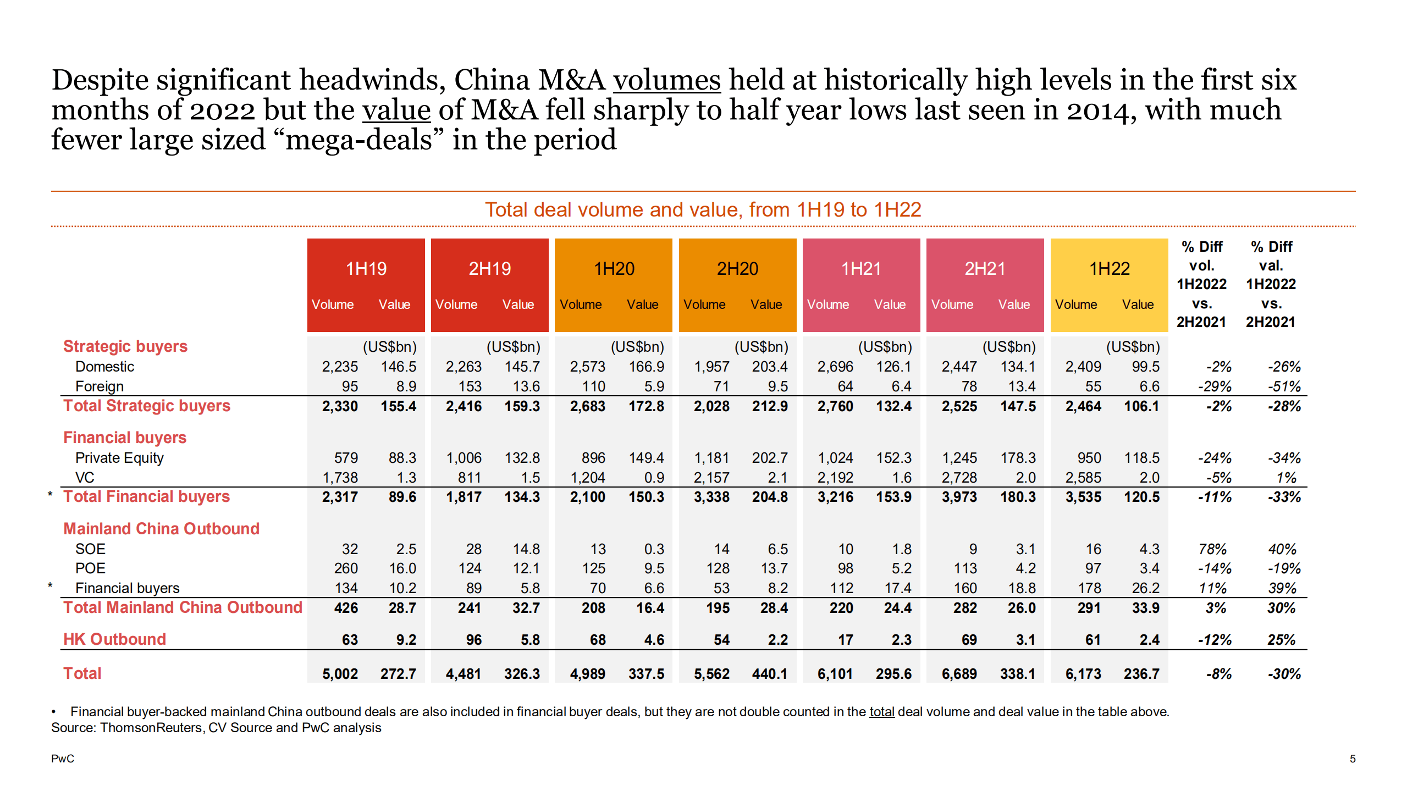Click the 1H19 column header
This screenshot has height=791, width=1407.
pos(366,268)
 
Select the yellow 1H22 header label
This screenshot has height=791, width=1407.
pos(1109,268)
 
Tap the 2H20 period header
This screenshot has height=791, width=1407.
pos(737,268)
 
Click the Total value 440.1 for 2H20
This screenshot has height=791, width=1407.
pos(769,673)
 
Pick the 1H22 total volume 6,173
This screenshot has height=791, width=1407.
pos(1083,673)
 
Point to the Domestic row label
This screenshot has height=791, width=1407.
pos(104,367)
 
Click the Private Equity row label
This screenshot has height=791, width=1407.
pos(119,458)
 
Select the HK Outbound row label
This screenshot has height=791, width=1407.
pos(114,639)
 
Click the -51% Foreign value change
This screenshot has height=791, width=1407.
pos(1284,386)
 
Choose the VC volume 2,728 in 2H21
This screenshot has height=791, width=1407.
pos(959,478)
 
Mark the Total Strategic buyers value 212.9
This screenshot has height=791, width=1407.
pos(769,406)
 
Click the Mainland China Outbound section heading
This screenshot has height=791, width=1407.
pos(161,529)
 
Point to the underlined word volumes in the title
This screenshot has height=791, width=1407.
pos(666,81)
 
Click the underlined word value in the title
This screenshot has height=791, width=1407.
pos(396,110)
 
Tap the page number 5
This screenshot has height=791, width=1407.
pos(1352,759)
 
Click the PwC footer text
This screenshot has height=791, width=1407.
pos(62,759)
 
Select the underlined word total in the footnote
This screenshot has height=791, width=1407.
pos(881,712)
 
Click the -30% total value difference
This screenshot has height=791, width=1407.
pos(1284,673)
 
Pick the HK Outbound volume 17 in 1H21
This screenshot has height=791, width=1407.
pos(845,640)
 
